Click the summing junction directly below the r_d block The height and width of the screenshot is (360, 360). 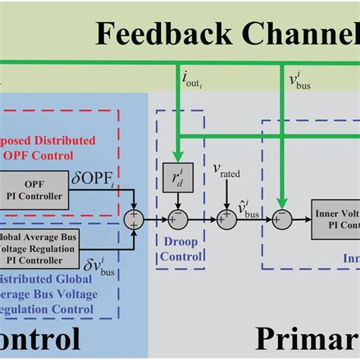(176, 219)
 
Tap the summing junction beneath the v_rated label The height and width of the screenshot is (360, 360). (226, 219)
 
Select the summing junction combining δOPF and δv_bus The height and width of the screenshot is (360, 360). (135, 219)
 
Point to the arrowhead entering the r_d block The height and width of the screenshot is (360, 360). (176, 161)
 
